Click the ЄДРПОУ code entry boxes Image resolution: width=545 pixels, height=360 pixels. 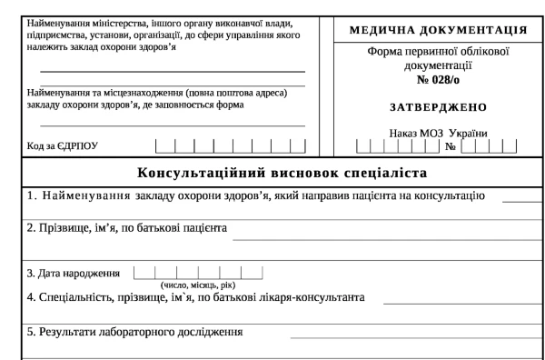231,144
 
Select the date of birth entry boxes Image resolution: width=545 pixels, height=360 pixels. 197,271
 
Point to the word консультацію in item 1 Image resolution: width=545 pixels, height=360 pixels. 454,195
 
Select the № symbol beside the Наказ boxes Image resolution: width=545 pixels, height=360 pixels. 448,145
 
